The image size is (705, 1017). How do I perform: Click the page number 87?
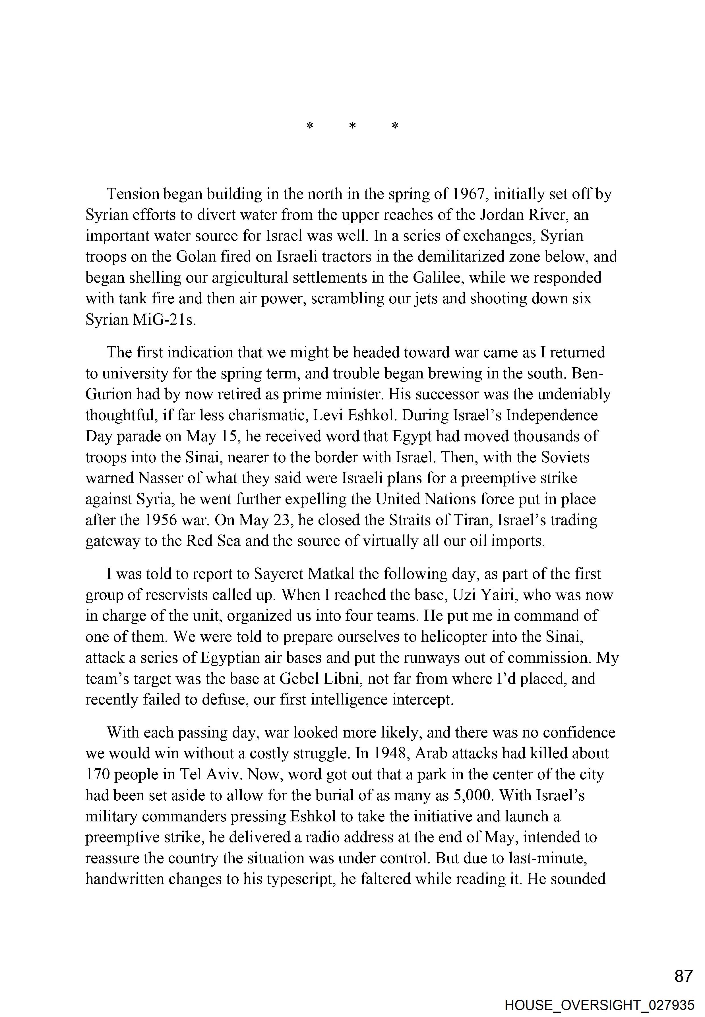tap(684, 976)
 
